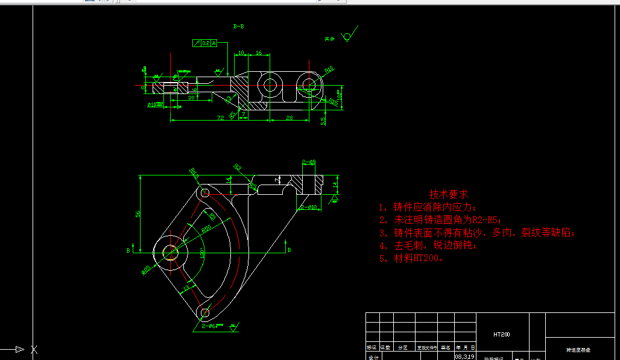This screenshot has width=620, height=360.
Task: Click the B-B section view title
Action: click(238, 27)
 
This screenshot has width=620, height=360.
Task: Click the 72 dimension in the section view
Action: click(221, 118)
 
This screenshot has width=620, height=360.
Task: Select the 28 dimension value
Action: click(289, 118)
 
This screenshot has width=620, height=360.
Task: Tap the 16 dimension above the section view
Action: click(259, 54)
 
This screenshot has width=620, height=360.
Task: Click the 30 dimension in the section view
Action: click(191, 97)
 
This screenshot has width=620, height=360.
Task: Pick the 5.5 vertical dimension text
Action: click(324, 121)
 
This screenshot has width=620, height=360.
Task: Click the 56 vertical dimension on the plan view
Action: click(138, 214)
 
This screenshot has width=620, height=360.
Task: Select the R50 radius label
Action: click(206, 229)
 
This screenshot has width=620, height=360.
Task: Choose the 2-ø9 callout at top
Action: click(309, 162)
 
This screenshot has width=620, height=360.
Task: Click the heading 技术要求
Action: click(448, 194)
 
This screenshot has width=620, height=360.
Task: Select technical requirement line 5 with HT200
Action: click(412, 259)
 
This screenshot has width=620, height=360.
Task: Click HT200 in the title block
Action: click(502, 334)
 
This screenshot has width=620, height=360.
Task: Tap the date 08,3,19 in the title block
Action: click(464, 356)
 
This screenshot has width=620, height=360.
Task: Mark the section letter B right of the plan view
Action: click(289, 249)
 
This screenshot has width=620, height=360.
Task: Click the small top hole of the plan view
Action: click(205, 193)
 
